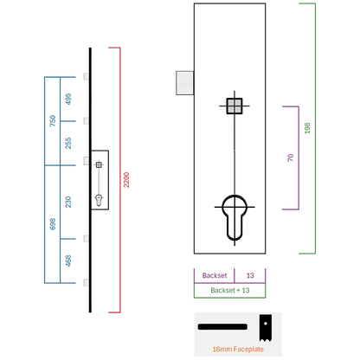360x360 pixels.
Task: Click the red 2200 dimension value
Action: (x=126, y=180)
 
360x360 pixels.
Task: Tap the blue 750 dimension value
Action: (x=53, y=120)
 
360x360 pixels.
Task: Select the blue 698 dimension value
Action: (x=53, y=224)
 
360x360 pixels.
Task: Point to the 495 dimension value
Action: (x=68, y=99)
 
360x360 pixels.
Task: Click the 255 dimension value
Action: (x=68, y=143)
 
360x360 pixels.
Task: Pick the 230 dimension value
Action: (x=68, y=202)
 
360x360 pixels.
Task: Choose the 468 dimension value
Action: (x=68, y=260)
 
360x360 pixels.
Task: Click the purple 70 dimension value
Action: (x=291, y=157)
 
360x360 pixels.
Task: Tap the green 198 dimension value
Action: (x=307, y=128)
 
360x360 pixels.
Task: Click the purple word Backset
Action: (x=215, y=275)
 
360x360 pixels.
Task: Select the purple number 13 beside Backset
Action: (x=250, y=275)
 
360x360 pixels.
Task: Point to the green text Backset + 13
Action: (x=230, y=290)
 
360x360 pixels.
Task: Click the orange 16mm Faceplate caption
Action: (x=238, y=349)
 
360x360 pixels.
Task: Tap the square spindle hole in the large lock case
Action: (x=235, y=106)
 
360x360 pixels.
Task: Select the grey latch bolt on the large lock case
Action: (x=185, y=83)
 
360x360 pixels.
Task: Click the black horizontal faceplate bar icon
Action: (x=222, y=327)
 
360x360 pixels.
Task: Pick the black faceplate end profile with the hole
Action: (x=265, y=328)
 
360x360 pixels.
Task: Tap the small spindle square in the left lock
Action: (x=99, y=164)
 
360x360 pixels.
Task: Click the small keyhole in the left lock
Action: (x=99, y=200)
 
